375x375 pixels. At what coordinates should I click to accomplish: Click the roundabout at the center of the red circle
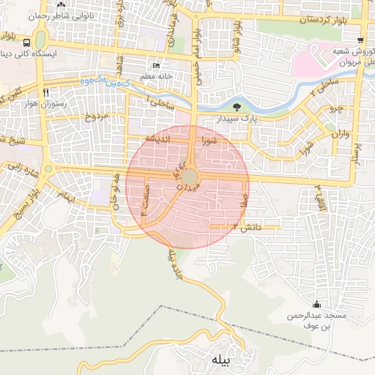pyautogui.click(x=190, y=178)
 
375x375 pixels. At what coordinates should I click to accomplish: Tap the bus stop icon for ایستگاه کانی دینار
pyautogui.click(x=27, y=42)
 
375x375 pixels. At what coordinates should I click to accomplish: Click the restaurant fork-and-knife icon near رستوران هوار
pyautogui.click(x=45, y=92)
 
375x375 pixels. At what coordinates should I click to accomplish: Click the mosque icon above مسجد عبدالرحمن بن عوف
pyautogui.click(x=316, y=304)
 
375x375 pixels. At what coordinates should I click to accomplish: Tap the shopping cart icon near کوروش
pyautogui.click(x=360, y=40)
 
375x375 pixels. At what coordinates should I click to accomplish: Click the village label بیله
pyautogui.click(x=221, y=360)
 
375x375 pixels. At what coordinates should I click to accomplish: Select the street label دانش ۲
pyautogui.click(x=245, y=227)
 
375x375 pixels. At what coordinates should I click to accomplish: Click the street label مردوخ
pyautogui.click(x=96, y=116)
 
